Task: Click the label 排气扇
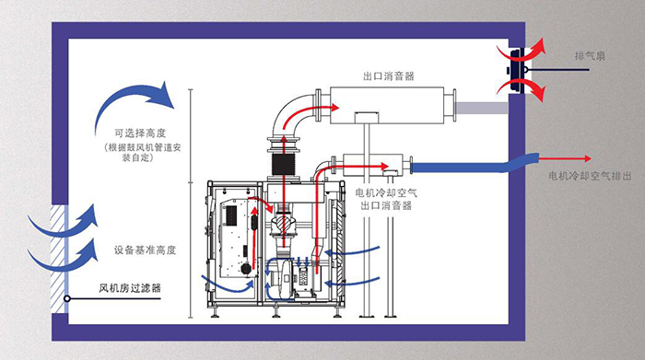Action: tap(590, 56)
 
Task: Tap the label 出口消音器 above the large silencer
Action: tap(388, 76)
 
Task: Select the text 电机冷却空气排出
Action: tap(590, 176)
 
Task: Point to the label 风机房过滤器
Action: tap(130, 287)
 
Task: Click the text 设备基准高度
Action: tap(145, 250)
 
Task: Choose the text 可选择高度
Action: tap(140, 134)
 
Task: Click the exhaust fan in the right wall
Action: tap(517, 71)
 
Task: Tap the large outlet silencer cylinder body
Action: tap(386, 105)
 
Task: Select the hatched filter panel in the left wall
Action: tap(58, 259)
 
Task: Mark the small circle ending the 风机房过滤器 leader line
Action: tap(66, 298)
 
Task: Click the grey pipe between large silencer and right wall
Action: tap(481, 108)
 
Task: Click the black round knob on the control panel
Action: tap(246, 269)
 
